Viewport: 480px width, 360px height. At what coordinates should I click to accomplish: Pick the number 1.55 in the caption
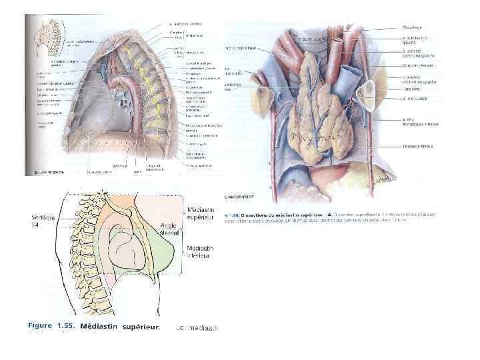pos(65,327)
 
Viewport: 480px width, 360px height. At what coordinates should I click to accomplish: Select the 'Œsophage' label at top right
pos(413,27)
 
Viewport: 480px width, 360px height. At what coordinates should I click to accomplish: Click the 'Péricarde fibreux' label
pos(417,145)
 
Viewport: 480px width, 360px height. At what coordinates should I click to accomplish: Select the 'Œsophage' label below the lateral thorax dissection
pos(119,165)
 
